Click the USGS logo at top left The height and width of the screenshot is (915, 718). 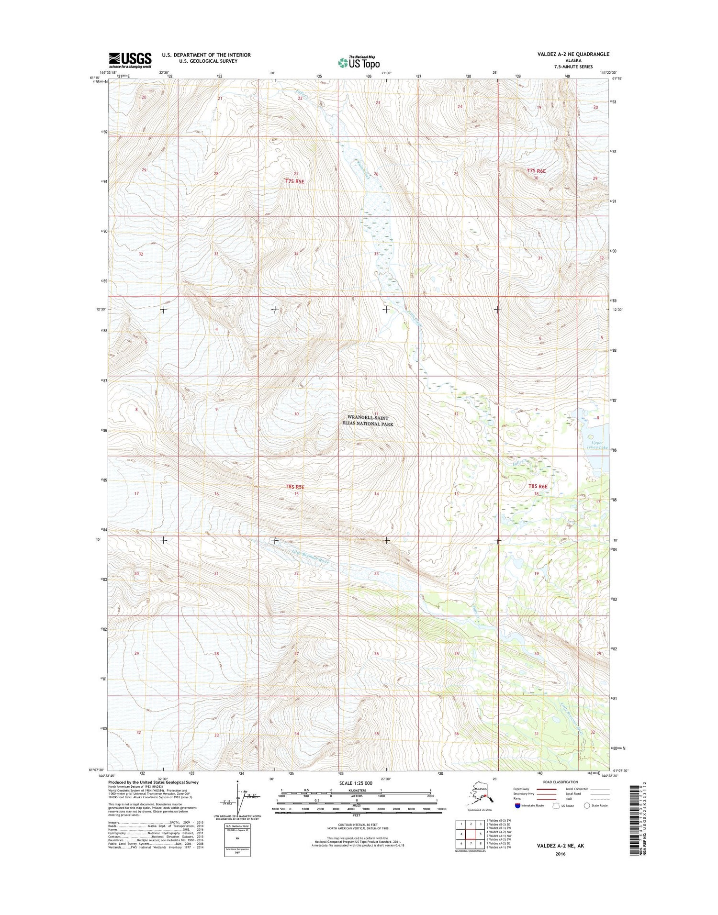(130, 60)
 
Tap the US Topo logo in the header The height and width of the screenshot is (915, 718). (359, 62)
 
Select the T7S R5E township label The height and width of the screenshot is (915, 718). (294, 181)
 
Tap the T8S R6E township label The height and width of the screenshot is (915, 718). (537, 486)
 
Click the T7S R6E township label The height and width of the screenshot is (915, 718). (536, 170)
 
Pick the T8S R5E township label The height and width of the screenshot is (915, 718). (294, 487)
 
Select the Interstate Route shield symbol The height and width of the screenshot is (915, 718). (517, 806)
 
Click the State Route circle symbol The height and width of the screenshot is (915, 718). (586, 806)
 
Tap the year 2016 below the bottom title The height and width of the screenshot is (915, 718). (560, 854)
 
